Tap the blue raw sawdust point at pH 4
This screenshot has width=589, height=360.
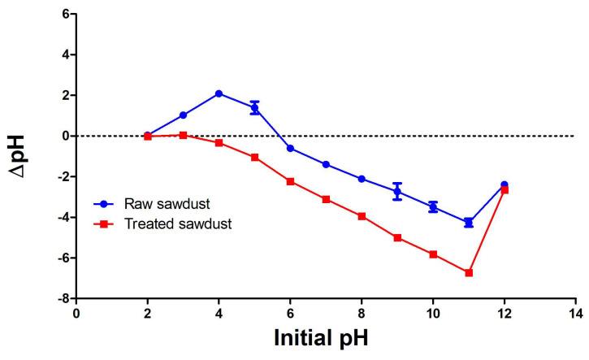pos(219,93)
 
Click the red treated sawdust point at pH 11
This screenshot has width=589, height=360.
pos(469,273)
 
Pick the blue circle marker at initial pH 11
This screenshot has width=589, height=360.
pos(469,222)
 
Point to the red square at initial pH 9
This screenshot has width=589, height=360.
pos(397,238)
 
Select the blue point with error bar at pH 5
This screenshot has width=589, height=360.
pos(254,107)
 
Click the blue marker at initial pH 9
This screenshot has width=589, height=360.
pos(397,192)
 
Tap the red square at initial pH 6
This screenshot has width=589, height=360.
pos(290,181)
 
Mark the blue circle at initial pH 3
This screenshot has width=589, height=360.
pos(183,115)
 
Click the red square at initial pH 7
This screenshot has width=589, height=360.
pos(326,199)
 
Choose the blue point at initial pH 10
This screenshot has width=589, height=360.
pos(433,207)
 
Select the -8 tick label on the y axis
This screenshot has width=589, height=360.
pos(61,298)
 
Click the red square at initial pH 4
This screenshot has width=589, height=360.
pos(219,142)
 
